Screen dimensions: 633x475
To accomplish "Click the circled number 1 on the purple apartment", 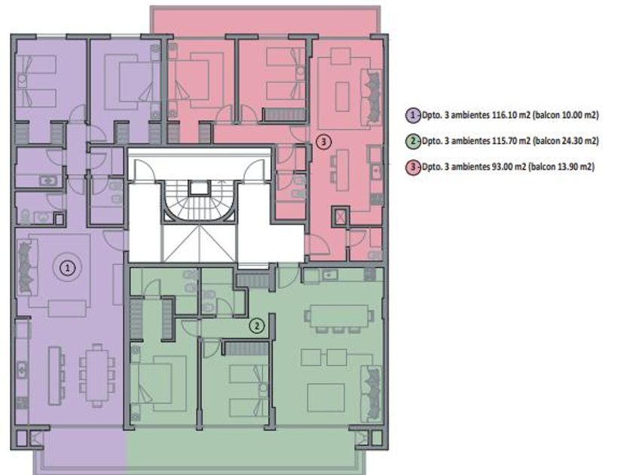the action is point(67,268).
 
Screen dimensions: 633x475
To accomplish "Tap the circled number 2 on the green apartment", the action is point(257,326).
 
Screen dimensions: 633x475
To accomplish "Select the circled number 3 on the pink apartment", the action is point(323,142).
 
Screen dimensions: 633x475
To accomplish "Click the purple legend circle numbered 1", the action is point(413,115).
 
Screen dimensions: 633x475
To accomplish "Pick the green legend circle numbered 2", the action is point(413,142).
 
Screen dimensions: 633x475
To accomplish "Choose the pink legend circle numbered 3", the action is point(413,167).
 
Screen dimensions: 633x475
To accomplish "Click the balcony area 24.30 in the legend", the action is point(572,142).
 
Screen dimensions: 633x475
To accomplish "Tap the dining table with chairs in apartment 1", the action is point(97,375).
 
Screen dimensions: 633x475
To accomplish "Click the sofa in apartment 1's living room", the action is point(27,268).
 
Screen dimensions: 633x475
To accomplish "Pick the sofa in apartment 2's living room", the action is point(372,394).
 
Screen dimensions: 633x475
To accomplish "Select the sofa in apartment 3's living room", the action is point(371,97).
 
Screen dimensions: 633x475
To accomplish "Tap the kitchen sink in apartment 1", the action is point(22,369).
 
